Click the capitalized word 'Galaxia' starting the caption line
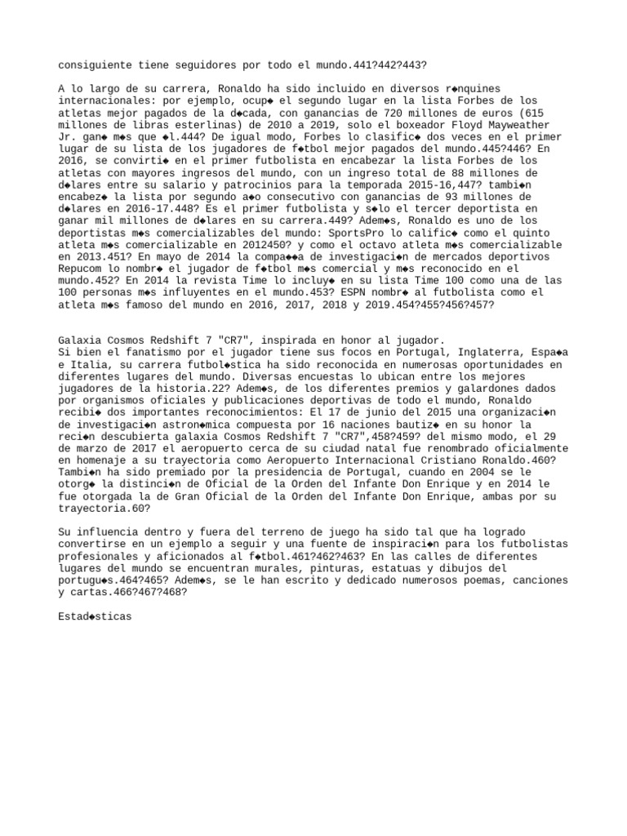click(x=82, y=340)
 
